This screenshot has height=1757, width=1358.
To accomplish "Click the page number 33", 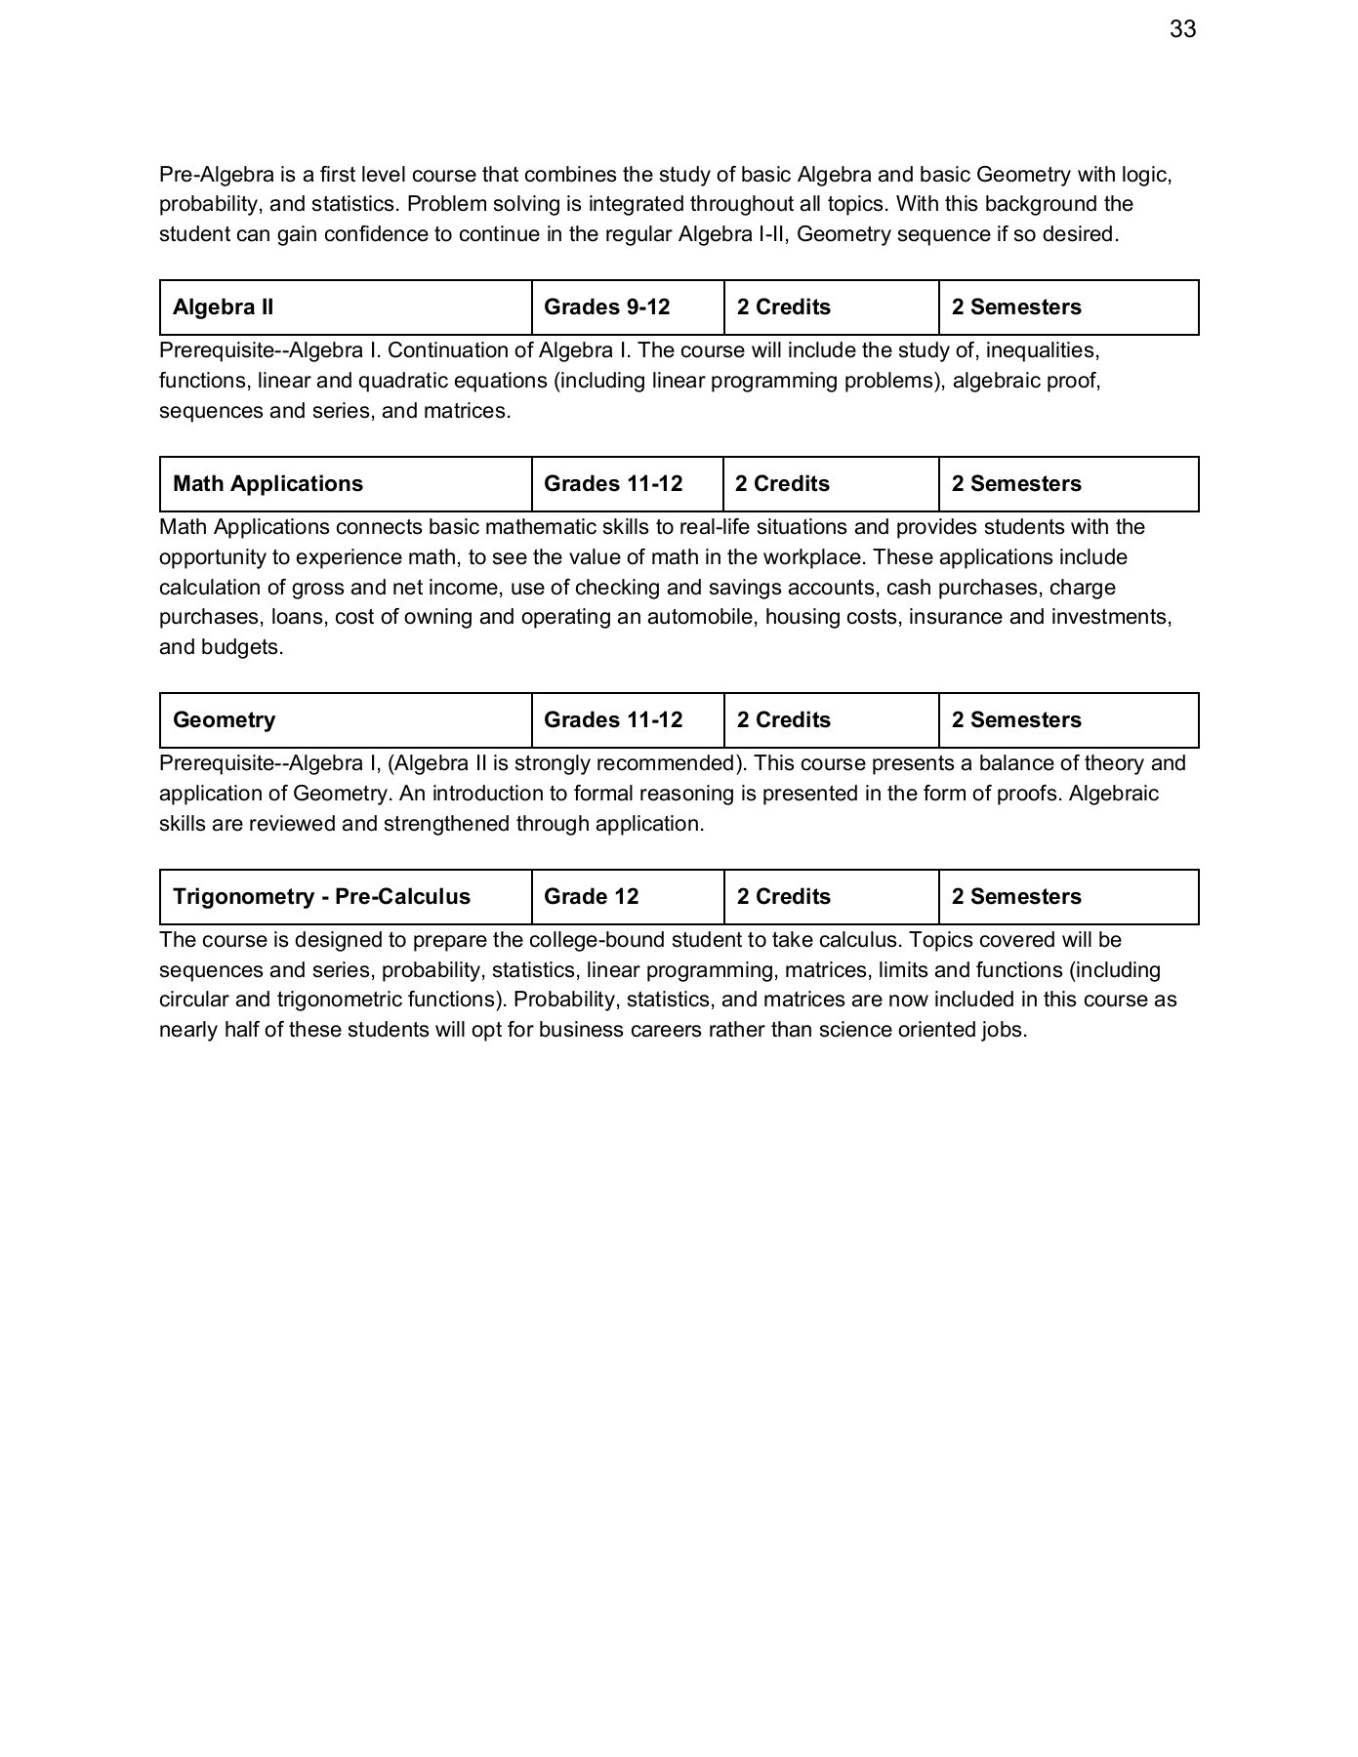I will (1182, 30).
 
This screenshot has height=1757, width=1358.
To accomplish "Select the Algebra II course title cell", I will (224, 307).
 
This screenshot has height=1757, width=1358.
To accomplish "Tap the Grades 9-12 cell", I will (606, 307).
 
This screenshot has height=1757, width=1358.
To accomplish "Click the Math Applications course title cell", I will (267, 484).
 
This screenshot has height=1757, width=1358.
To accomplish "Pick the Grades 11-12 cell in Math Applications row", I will (613, 484).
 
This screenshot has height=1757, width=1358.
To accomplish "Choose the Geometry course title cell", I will (224, 720).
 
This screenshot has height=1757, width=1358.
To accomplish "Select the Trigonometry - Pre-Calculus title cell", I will (321, 897).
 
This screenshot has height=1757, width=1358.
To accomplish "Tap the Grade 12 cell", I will (591, 897).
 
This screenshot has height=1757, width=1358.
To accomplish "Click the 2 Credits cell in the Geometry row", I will (783, 720).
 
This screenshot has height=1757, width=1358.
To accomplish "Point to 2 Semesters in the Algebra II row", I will (1016, 307).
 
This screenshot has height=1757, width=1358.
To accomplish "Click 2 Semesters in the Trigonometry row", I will (1016, 897).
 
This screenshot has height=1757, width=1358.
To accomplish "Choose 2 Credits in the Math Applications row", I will (783, 484).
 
